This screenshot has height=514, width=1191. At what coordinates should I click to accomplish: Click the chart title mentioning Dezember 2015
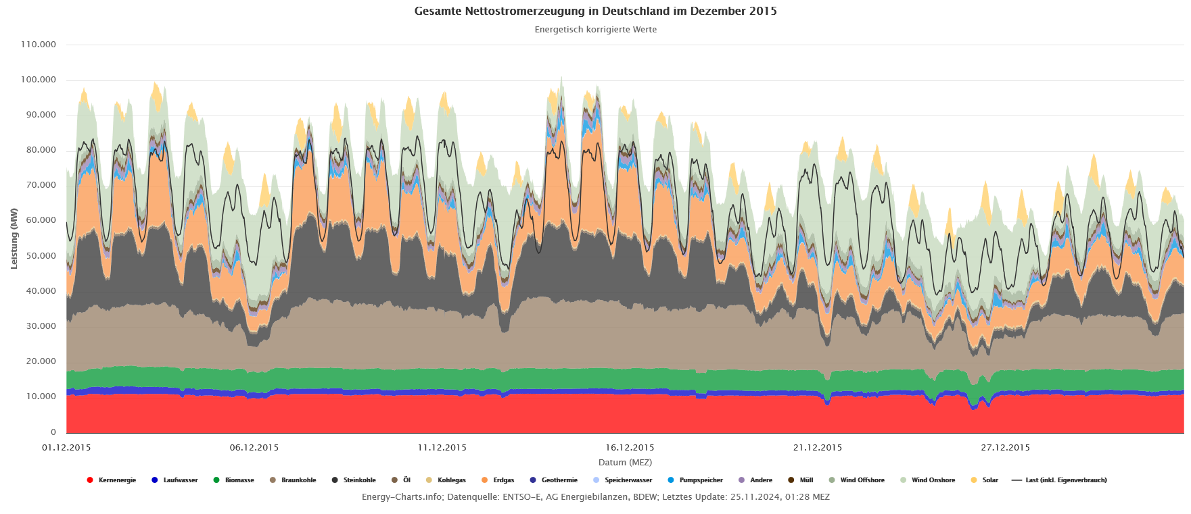pos(595,11)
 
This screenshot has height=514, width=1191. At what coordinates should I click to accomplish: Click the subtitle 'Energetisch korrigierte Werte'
pos(595,30)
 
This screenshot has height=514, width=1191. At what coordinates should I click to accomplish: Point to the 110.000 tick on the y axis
pos(39,45)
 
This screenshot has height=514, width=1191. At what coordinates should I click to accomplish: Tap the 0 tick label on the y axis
pos(53,432)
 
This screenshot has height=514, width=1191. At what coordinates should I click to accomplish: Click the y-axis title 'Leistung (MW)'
pos(14,238)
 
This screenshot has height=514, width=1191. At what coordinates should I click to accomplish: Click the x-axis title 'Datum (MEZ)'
pos(625,463)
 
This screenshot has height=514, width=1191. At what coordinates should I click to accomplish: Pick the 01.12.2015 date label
pos(66,447)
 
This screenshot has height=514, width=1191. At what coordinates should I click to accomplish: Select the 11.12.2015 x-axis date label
pos(442,447)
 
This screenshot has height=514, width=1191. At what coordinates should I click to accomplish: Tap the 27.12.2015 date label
pos(1006,447)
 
